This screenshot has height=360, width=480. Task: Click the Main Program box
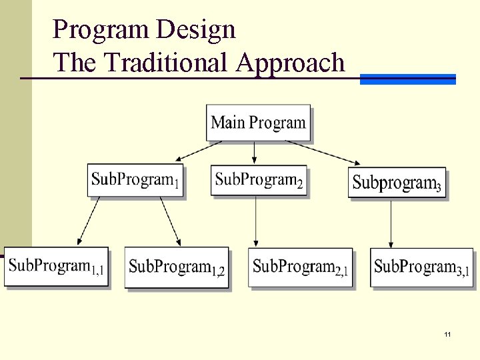[x=258, y=123]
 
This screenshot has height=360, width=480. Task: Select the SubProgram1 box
[x=135, y=180]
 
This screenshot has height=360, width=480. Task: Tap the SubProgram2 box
[x=259, y=180]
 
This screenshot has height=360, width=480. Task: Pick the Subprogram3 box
[x=397, y=182]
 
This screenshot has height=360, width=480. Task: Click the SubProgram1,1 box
[x=56, y=267]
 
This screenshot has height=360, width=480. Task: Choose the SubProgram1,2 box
[x=177, y=267]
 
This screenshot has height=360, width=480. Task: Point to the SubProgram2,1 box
[x=300, y=267]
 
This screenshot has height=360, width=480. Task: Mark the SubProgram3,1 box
[x=422, y=267]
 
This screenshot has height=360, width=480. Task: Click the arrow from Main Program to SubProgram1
[x=199, y=151]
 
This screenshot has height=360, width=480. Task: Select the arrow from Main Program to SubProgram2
[x=254, y=153]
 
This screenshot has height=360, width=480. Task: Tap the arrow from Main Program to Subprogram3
[x=323, y=153]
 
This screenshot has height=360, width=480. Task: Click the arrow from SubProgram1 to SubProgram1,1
[x=89, y=220]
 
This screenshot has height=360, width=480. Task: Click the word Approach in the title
[x=290, y=63]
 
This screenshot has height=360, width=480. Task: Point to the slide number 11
[x=447, y=333]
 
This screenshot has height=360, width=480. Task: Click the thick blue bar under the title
[x=407, y=79]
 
